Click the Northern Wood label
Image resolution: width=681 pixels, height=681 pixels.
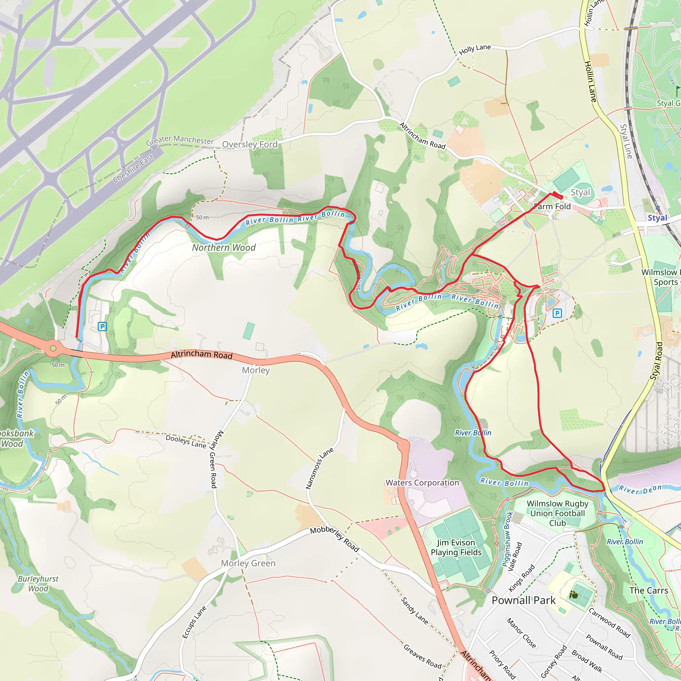tap(224, 248)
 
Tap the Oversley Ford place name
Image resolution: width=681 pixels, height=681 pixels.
tap(250, 145)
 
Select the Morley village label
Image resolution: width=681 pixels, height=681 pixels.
tap(256, 370)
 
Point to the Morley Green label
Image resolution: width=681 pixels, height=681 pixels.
tap(248, 563)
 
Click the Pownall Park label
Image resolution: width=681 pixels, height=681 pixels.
tap(523, 600)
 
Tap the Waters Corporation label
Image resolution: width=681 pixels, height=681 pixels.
tap(422, 482)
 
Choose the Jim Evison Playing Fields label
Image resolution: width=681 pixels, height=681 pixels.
tap(456, 547)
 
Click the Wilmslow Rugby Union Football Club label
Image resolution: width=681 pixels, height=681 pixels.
tap(557, 513)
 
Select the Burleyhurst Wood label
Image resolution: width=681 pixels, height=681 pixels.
tap(38, 583)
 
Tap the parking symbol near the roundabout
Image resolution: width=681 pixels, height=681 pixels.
tap(102, 327)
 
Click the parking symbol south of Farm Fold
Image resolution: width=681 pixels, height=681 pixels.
tap(557, 313)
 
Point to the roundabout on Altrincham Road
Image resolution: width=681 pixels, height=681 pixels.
tap(53, 348)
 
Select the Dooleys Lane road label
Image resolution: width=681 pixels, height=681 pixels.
tap(186, 441)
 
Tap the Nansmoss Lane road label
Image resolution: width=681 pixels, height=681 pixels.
tap(319, 469)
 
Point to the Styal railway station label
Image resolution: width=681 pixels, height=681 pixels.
tap(658, 218)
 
